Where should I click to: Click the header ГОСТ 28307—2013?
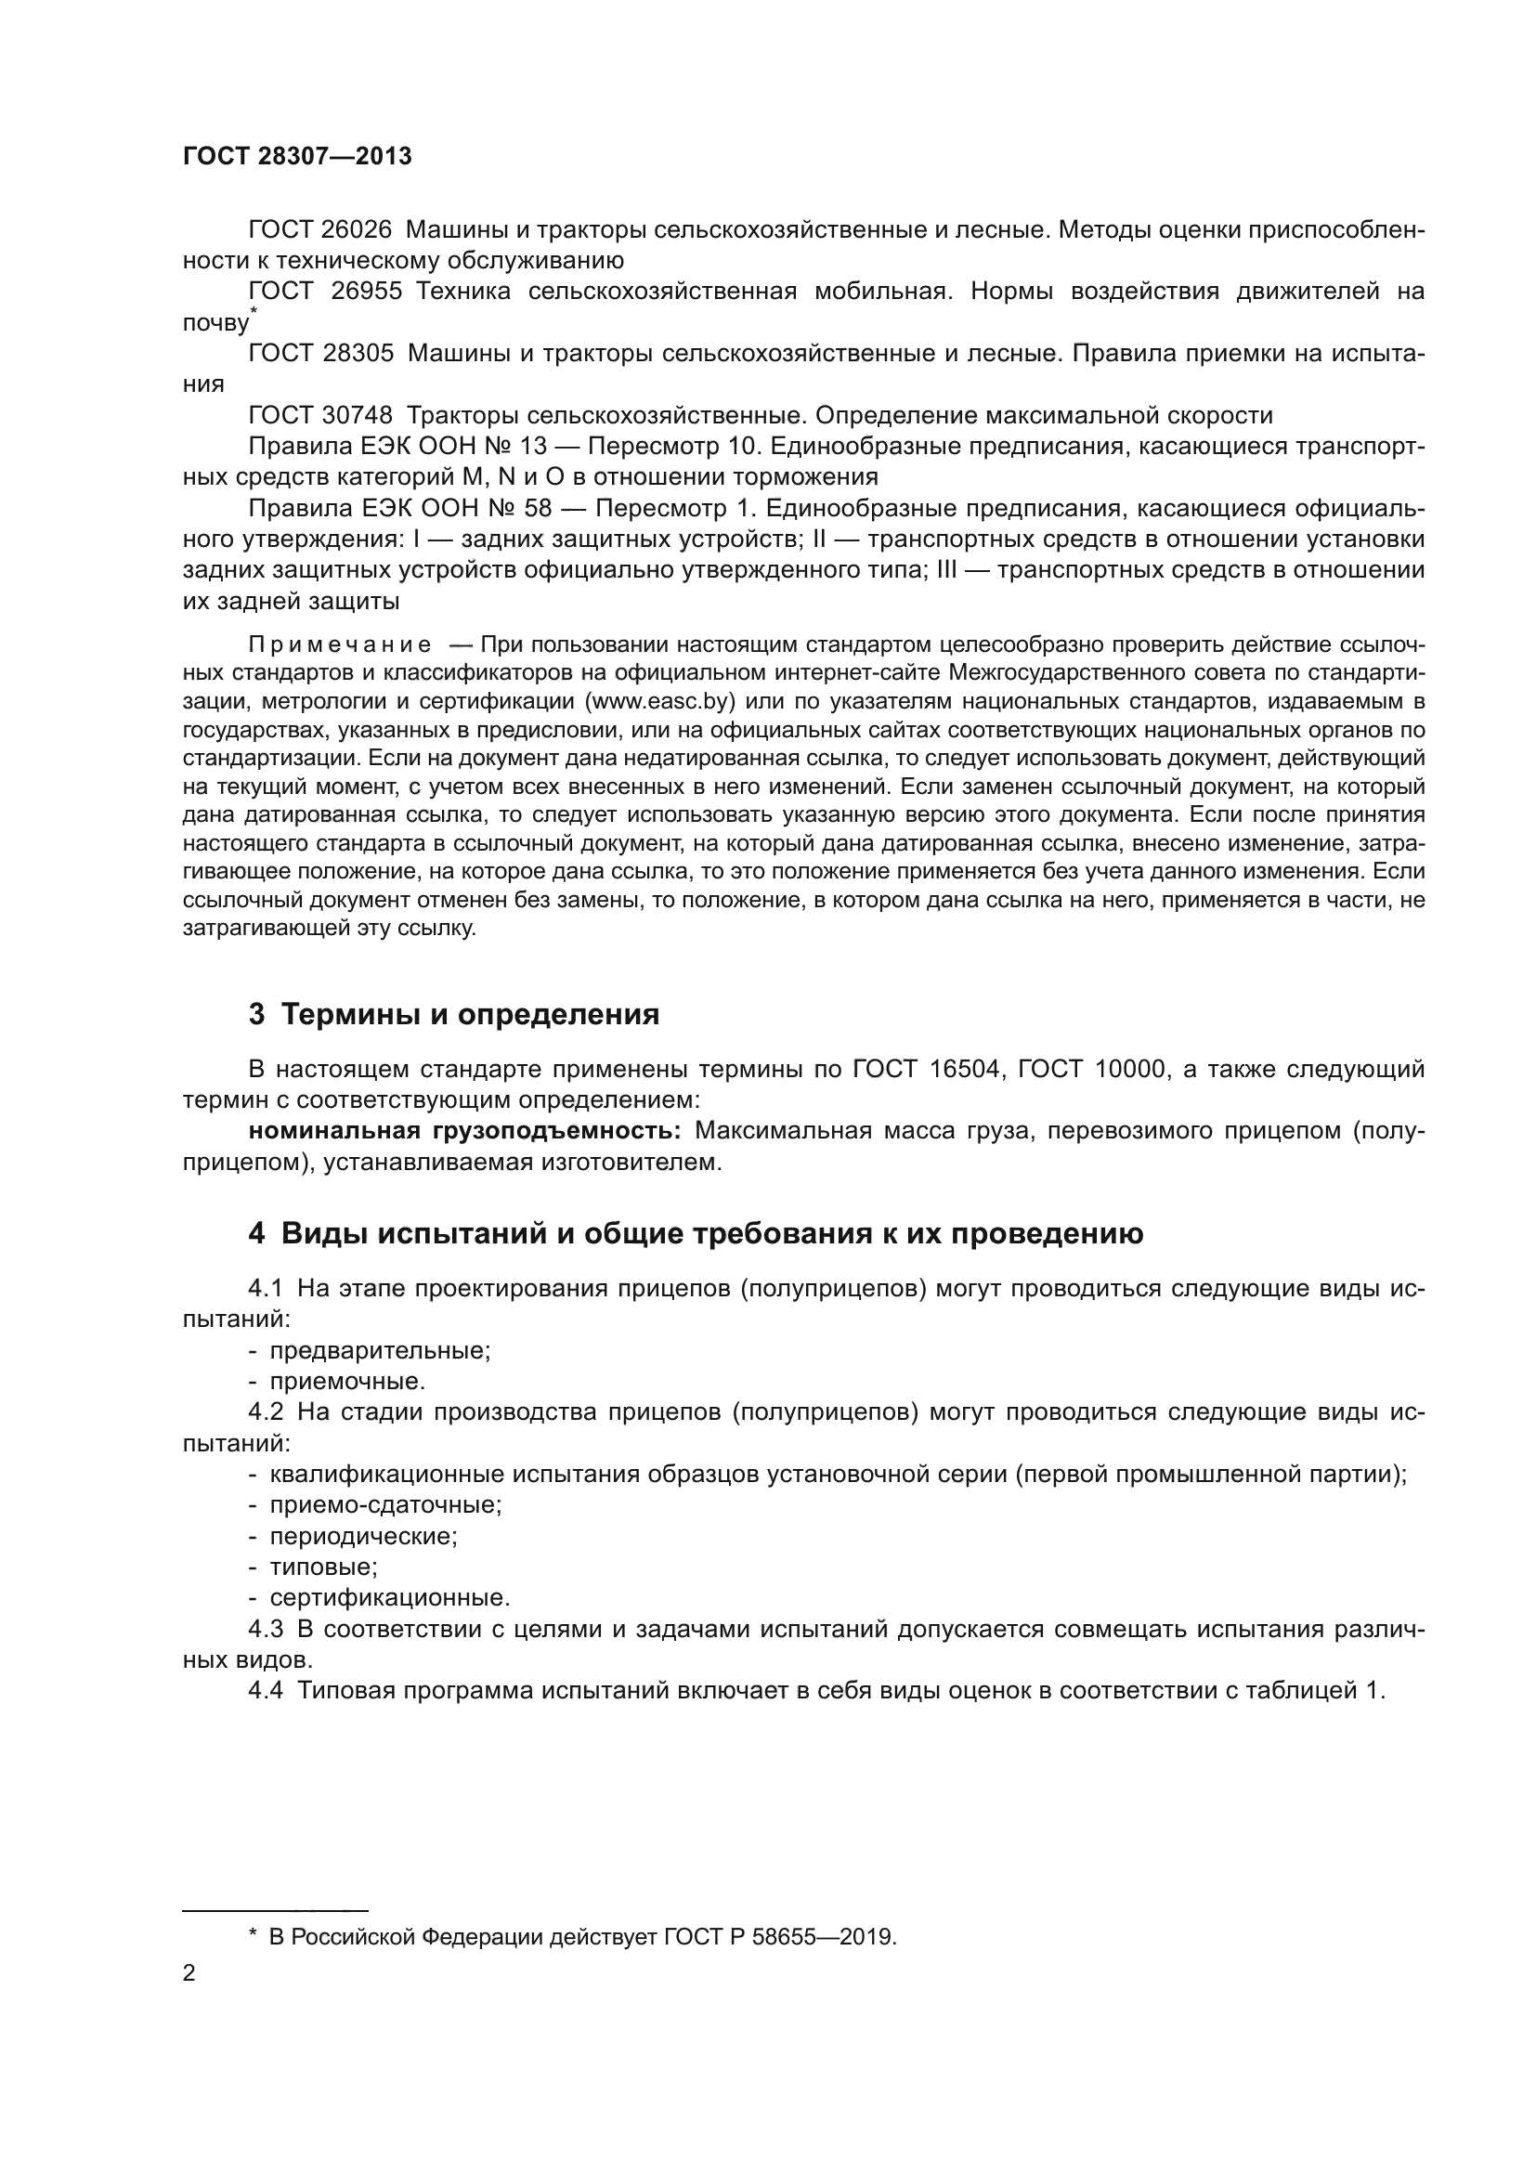(297, 156)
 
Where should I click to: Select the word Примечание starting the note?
(340, 645)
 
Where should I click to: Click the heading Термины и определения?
(470, 1015)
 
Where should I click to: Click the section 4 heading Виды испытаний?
(711, 1233)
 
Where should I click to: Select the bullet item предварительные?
(379, 1351)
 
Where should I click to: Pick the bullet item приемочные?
(347, 1381)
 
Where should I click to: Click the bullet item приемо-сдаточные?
(385, 1505)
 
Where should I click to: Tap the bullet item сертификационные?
(390, 1598)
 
